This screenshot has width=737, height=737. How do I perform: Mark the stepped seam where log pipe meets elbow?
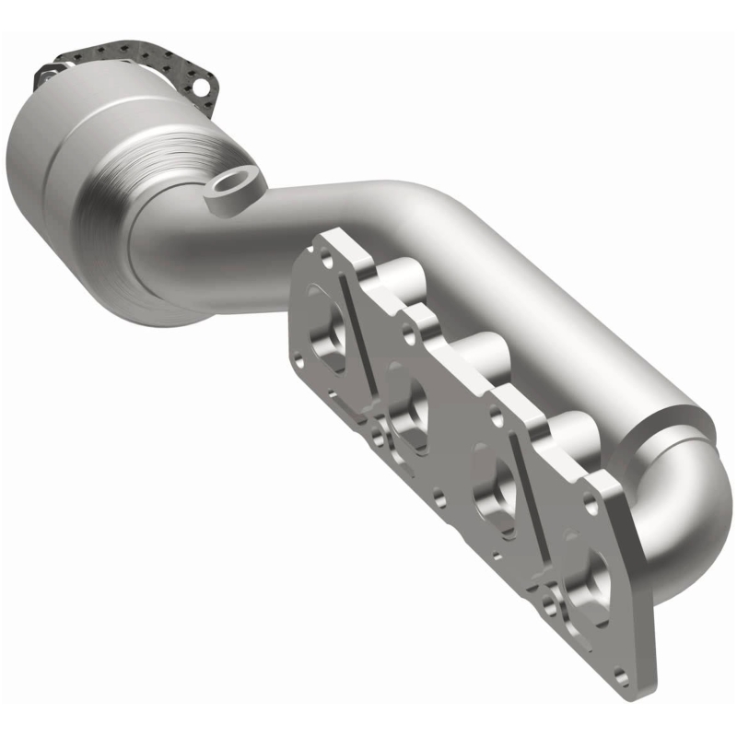pyautogui.click(x=673, y=433)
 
